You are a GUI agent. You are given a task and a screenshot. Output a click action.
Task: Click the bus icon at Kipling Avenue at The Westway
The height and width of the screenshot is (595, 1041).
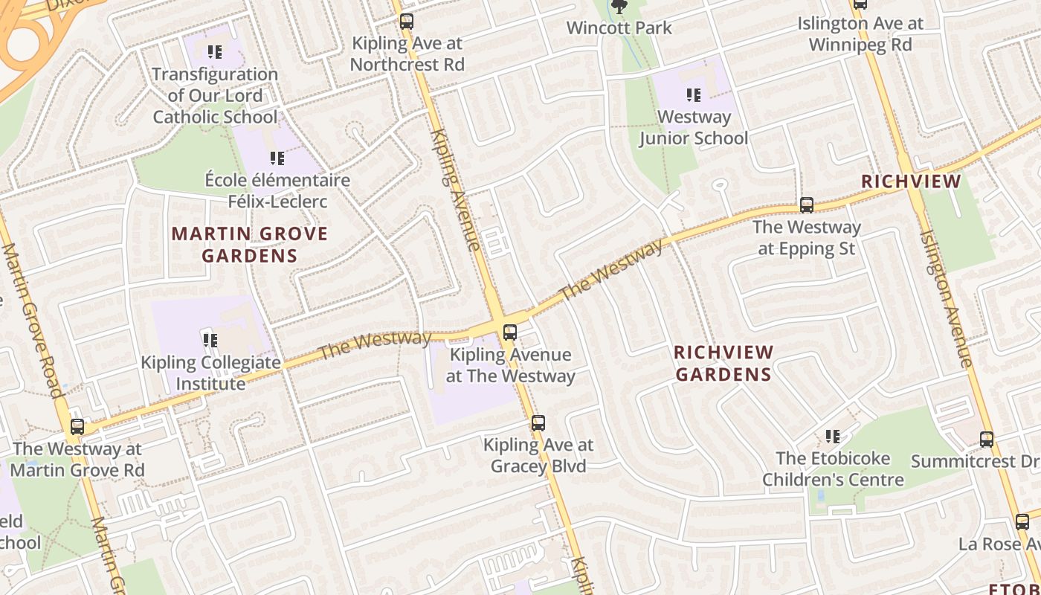(x=509, y=332)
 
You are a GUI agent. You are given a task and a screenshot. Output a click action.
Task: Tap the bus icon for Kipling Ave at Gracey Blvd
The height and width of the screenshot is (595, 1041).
(x=538, y=423)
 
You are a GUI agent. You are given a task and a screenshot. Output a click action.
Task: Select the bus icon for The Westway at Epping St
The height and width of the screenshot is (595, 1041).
(x=807, y=205)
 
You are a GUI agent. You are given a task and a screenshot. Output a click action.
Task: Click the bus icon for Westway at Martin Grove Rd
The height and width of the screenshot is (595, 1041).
(x=77, y=427)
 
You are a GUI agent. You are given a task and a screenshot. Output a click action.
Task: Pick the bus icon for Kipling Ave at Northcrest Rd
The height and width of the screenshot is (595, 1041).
(x=406, y=22)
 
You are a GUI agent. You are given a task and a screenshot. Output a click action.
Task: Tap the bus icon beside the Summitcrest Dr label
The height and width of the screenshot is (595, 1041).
(x=986, y=440)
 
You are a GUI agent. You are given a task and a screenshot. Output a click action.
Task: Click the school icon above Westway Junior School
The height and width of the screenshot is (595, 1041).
(x=693, y=95)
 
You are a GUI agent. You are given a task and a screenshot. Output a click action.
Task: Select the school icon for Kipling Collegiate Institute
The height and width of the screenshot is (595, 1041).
(x=210, y=341)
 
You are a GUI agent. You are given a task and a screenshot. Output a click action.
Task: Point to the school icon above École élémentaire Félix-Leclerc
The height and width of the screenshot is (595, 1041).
(x=277, y=158)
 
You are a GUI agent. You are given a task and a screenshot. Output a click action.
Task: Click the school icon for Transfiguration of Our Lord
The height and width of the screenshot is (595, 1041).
(x=214, y=52)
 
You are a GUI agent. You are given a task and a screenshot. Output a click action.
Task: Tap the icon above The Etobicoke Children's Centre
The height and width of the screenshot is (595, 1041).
(x=832, y=436)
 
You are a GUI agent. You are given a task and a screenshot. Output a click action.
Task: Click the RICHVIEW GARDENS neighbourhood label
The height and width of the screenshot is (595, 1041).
(x=723, y=363)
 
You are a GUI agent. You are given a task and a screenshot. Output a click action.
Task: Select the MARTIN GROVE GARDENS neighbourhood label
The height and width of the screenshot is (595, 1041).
(x=249, y=245)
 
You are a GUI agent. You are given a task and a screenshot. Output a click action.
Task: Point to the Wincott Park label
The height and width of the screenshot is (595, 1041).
(x=619, y=28)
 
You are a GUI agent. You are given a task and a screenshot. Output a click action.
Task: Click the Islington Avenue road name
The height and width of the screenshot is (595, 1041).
(x=945, y=297)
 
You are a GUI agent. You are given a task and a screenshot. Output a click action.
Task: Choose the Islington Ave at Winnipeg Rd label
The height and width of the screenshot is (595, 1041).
(x=860, y=34)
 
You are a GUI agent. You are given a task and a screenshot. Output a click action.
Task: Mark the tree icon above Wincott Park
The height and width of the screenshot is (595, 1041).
(x=619, y=7)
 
